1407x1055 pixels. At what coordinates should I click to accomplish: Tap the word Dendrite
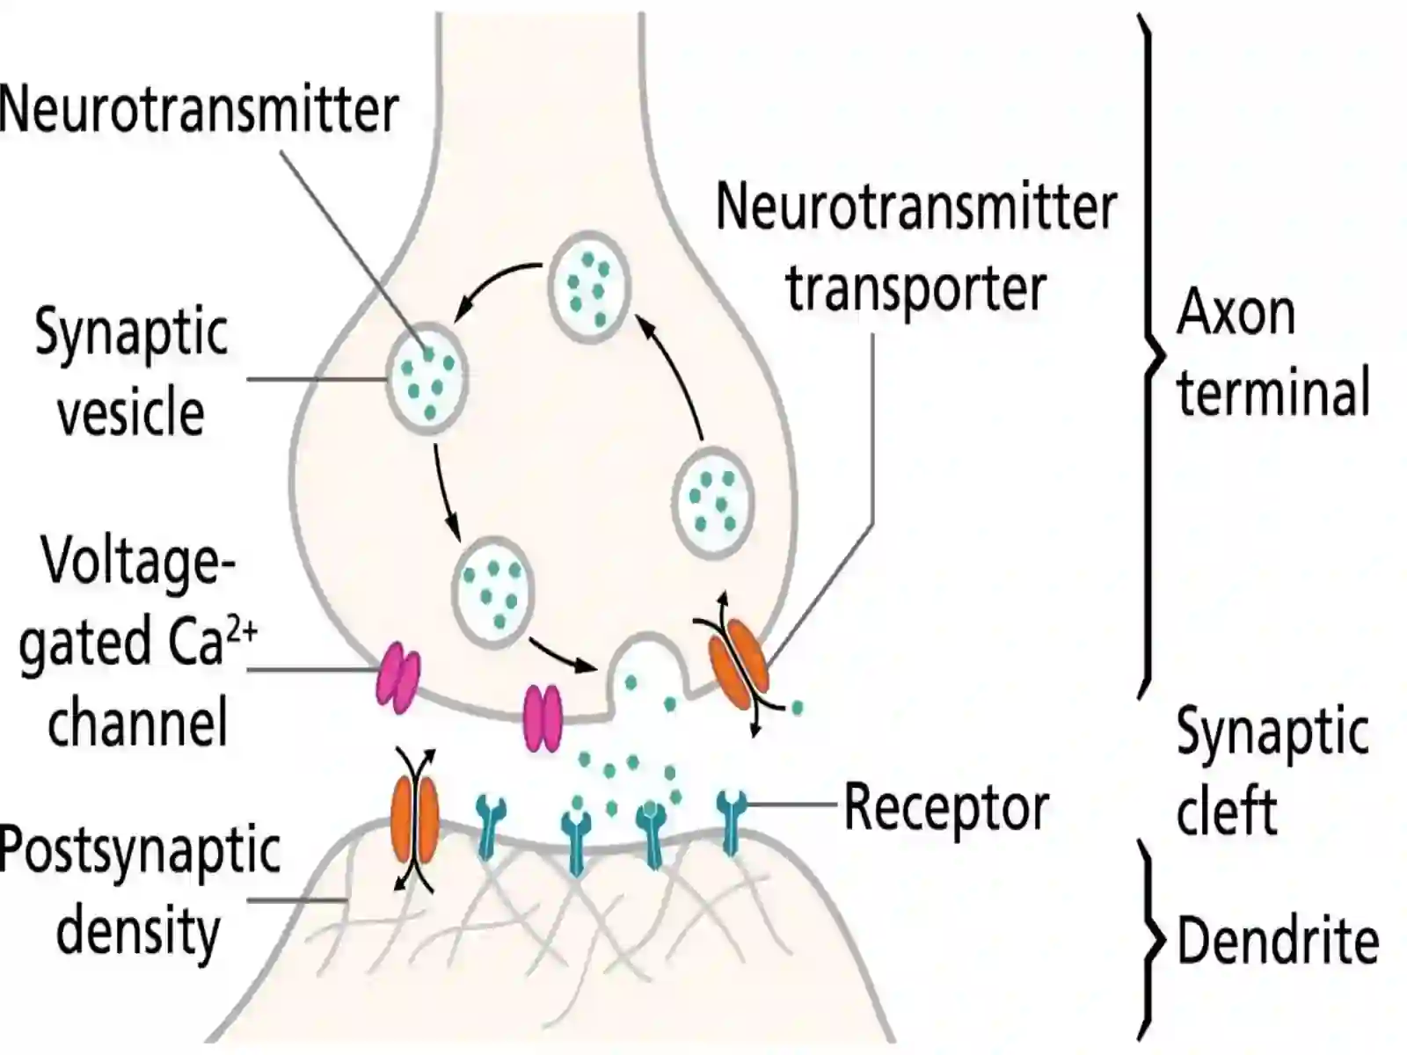tap(1278, 941)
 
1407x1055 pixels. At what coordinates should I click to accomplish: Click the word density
tap(138, 933)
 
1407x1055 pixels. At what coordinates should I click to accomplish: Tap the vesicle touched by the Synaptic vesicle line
tap(426, 379)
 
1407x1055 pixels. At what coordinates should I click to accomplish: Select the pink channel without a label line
tap(543, 717)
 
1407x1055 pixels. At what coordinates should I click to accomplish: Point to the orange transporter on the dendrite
tap(415, 820)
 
